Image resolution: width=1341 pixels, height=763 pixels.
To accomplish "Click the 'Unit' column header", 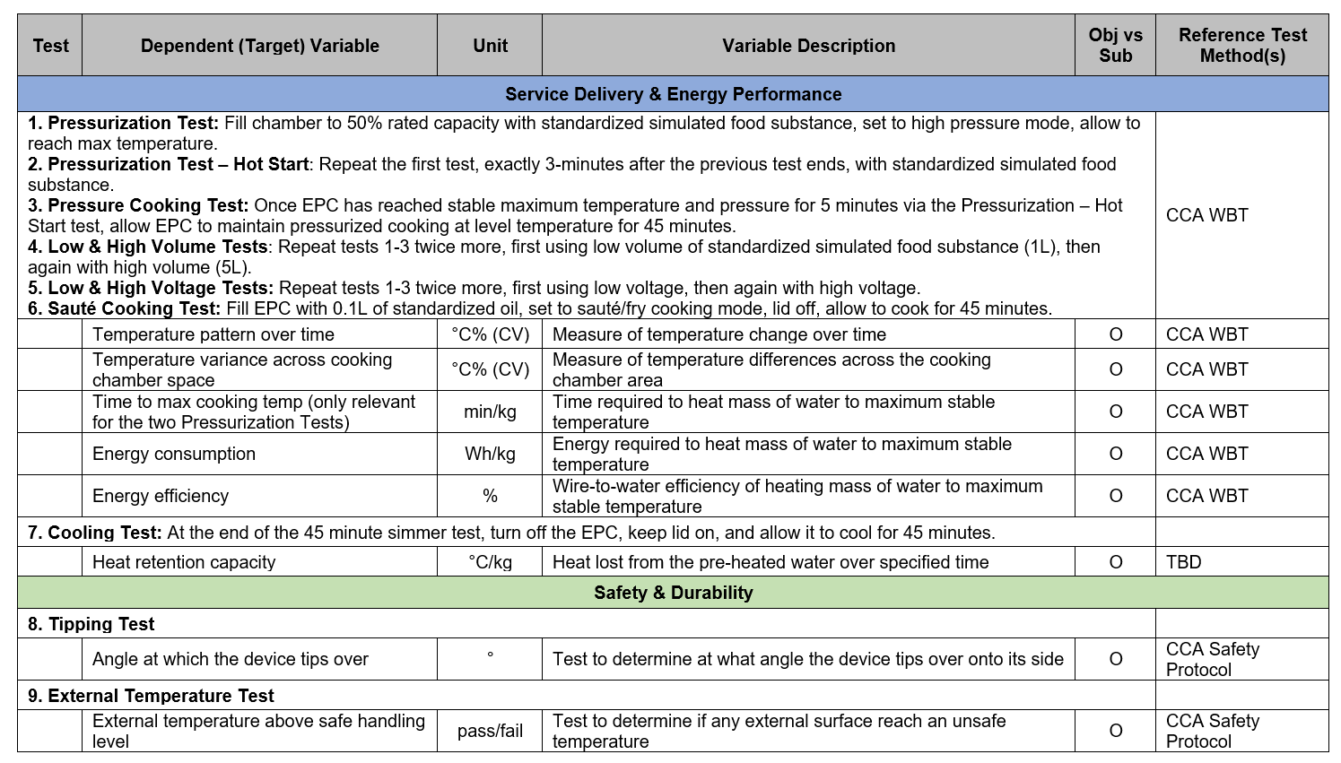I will click(490, 46).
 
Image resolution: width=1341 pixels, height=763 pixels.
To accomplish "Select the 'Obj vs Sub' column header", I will click(1115, 46).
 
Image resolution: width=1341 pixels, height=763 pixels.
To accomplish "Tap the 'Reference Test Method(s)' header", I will click(1242, 46).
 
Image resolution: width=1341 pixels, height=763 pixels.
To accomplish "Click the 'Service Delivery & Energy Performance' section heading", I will click(673, 94).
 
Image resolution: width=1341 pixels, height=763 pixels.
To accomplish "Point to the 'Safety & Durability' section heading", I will click(673, 593).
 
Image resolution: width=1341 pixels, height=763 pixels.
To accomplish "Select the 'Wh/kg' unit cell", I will click(490, 454).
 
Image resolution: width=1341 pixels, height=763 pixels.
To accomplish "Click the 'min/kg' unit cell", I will click(490, 412).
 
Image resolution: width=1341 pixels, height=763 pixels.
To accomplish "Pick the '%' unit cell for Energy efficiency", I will click(490, 496).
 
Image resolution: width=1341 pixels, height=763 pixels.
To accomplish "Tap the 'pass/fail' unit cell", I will click(490, 731).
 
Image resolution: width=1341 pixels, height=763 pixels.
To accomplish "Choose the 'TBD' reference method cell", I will click(1183, 562).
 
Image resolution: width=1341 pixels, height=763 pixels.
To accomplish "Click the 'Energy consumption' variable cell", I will click(174, 454).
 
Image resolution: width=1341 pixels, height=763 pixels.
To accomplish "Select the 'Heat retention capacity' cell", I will click(184, 562).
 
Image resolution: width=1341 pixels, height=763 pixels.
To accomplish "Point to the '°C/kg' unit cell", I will click(490, 562).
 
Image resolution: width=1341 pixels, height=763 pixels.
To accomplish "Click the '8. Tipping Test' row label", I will click(91, 624).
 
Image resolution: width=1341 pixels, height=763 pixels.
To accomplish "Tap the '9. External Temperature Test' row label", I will click(151, 696).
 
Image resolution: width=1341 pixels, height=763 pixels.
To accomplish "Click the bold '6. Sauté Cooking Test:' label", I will click(124, 308).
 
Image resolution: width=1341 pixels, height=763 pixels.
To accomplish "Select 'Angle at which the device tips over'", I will click(231, 659).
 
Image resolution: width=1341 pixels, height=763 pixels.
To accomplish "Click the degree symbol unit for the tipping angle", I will click(490, 655).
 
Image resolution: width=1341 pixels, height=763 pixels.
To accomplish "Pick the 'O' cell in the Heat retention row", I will click(1115, 562).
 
